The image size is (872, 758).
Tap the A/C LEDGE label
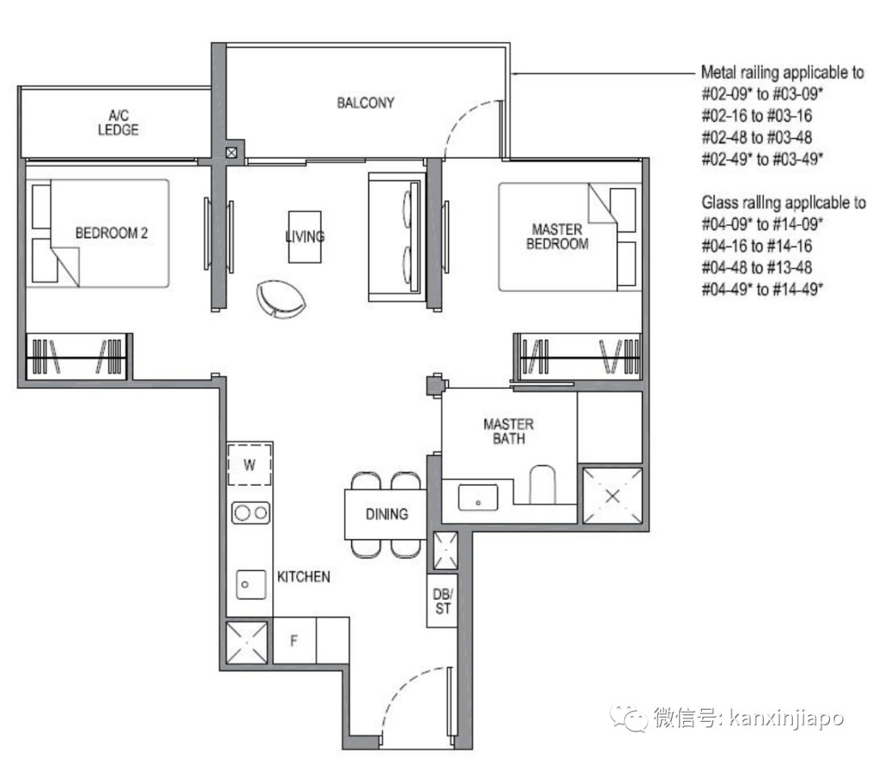coord(118,123)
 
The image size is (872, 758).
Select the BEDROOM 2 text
coord(111,233)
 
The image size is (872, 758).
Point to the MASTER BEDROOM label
coord(557,237)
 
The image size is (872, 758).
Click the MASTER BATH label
coord(508,431)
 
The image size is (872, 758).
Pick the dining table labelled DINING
coord(385,514)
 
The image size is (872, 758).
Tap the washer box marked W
coord(249,464)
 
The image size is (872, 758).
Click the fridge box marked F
coord(294,642)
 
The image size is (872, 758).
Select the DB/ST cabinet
coord(442,601)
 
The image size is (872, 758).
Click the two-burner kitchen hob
coord(250,512)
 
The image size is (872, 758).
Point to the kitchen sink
coord(252,583)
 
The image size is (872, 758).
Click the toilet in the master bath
coord(543,484)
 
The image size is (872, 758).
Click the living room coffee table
coord(304,237)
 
